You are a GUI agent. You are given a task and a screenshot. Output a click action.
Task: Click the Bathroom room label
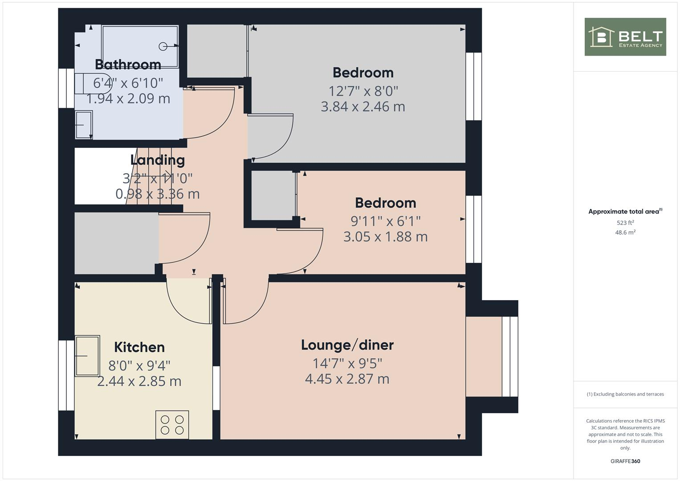point(128,65)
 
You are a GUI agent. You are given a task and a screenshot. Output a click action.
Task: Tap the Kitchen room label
point(139,347)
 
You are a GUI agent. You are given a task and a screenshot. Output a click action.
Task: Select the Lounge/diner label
point(347,345)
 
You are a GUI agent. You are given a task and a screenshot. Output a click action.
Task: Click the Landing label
point(157,160)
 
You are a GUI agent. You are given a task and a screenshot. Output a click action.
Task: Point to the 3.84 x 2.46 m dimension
point(363,107)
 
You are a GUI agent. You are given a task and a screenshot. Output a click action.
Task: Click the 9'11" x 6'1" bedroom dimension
point(386,221)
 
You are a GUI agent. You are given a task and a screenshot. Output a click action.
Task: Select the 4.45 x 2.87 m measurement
point(347,379)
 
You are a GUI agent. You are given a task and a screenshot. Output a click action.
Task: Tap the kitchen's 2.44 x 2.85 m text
point(139,382)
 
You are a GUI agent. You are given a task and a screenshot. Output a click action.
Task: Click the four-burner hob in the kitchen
point(172,424)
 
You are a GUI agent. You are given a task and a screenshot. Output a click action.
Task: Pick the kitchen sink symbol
point(87,356)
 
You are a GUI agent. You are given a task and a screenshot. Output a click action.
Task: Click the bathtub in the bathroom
point(140,46)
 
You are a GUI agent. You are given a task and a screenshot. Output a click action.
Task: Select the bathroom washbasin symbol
point(84,125)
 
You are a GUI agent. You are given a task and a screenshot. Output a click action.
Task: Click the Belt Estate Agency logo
point(625,37)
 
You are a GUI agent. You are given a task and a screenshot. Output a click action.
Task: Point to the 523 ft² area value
point(625,223)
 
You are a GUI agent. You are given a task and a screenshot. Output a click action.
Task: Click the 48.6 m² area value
point(625,232)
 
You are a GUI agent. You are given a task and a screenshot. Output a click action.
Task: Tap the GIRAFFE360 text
point(625,461)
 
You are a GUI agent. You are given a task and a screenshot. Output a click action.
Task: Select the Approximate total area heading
point(625,212)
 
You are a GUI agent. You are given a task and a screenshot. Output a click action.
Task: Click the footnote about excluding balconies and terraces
point(625,394)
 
